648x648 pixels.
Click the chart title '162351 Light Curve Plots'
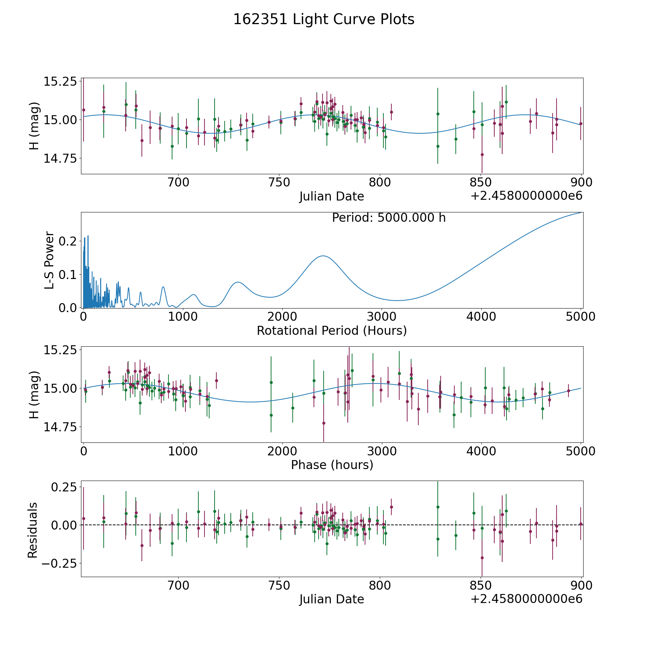pos(324,19)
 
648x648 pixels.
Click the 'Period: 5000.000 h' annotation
pos(389,218)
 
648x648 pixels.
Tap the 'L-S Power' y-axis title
pos(49,260)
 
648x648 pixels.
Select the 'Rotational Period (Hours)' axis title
pos(332,330)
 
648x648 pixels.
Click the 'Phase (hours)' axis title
pos(332,465)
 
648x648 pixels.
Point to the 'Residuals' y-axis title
pos(33,530)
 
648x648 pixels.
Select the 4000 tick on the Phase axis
pos(481,451)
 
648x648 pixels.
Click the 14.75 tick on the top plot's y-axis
pos(60,158)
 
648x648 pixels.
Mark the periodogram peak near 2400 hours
pos(323,256)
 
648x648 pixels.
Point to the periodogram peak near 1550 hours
pos(238,282)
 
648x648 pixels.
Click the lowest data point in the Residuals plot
pos(482,558)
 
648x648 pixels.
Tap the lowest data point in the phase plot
pos(324,423)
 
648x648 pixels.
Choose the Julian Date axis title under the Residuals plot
pos(332,599)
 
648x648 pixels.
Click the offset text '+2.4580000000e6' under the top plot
pos(526,196)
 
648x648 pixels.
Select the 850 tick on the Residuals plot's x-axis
pos(481,585)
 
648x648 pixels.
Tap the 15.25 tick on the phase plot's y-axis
pos(60,350)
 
